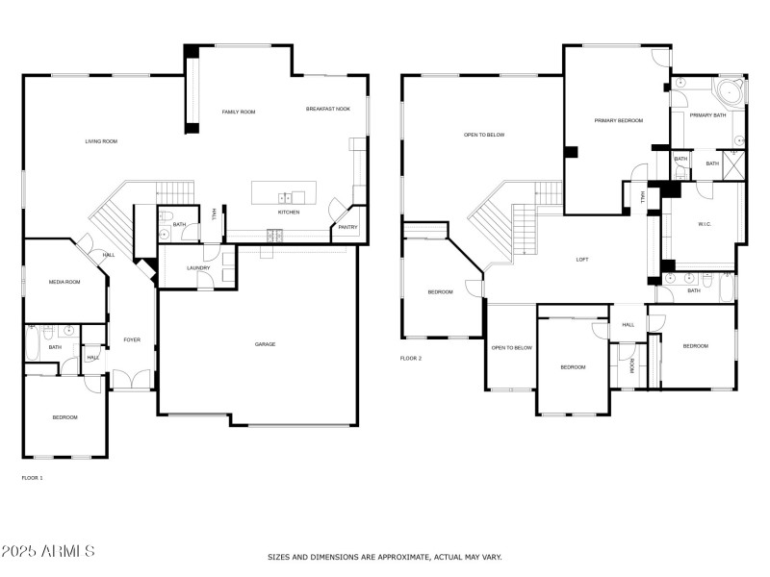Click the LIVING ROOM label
[101, 141]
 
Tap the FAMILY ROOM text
[239, 113]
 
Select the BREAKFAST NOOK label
[328, 109]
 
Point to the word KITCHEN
[289, 212]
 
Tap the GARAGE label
[266, 343]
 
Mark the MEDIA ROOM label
[64, 282]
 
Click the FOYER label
[131, 339]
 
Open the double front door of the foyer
[132, 381]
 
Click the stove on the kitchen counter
[274, 234]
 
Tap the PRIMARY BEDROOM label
[618, 120]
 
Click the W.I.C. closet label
[705, 224]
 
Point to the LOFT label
[581, 259]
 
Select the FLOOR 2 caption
[411, 358]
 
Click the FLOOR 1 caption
[32, 477]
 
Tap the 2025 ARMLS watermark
[48, 551]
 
